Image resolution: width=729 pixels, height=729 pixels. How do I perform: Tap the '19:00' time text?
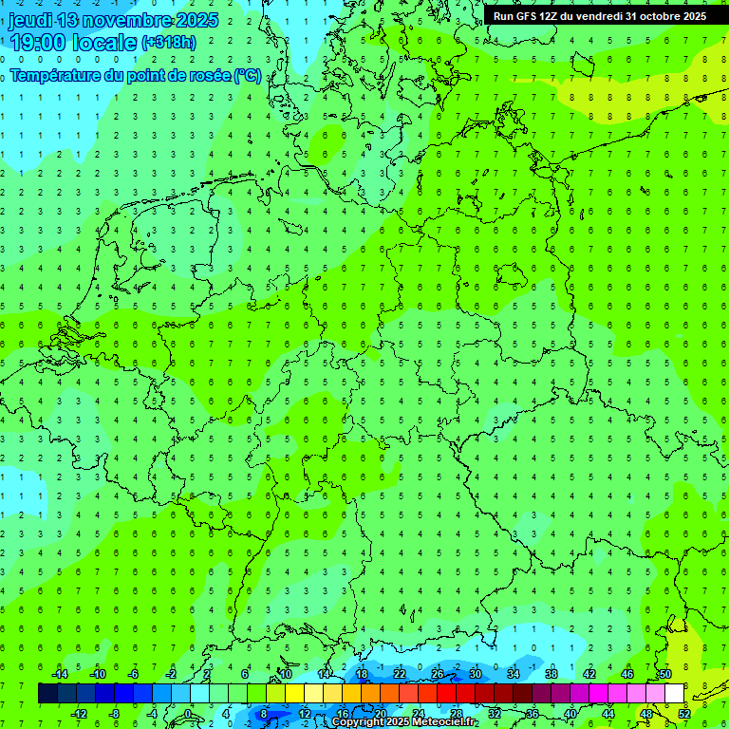coord(37,43)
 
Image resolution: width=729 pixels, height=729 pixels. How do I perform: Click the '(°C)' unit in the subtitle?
coord(248,75)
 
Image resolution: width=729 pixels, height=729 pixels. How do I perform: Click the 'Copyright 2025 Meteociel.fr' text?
coord(404,722)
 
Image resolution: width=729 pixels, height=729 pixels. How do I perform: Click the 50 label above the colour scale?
coord(665,674)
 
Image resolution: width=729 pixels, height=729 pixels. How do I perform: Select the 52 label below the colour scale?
coord(684,713)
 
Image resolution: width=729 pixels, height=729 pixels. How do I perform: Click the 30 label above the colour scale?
coord(476,674)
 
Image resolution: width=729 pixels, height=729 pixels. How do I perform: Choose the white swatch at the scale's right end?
coord(674,694)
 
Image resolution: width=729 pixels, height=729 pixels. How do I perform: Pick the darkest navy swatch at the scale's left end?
coord(47,694)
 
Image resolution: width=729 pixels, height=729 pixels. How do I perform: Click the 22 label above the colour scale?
coord(400,674)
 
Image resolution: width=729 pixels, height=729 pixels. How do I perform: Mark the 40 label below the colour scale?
coord(570,713)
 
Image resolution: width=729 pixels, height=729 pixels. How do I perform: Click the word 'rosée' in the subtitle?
coord(208,75)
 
